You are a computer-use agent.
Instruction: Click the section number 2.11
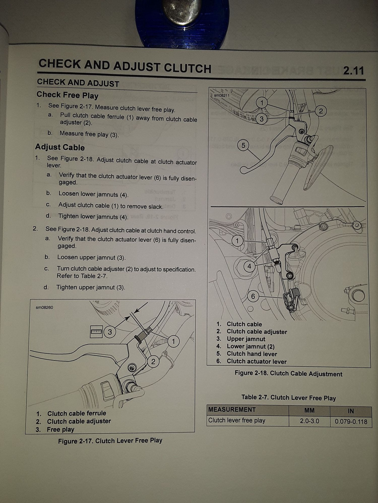click(354, 71)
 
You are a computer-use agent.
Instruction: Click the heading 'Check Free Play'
click(67, 95)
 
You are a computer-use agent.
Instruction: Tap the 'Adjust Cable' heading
click(60, 147)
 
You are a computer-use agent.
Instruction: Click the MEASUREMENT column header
click(232, 410)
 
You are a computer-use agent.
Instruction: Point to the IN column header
click(351, 411)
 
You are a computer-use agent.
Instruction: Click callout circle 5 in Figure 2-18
click(243, 145)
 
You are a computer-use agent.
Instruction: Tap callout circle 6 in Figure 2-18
click(253, 296)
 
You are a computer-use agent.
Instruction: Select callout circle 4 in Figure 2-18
click(249, 266)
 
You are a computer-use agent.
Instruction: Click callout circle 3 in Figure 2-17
click(110, 332)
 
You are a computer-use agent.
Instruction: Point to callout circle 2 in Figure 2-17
click(153, 362)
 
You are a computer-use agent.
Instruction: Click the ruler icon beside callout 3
click(96, 332)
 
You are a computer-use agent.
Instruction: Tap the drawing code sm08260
click(44, 307)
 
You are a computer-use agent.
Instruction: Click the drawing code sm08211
click(222, 95)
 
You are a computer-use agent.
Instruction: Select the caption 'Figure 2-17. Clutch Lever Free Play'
click(110, 441)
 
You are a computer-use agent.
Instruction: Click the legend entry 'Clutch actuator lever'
click(257, 361)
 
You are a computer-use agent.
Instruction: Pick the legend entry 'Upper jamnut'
click(246, 339)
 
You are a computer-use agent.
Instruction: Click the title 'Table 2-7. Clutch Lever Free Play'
click(289, 398)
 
